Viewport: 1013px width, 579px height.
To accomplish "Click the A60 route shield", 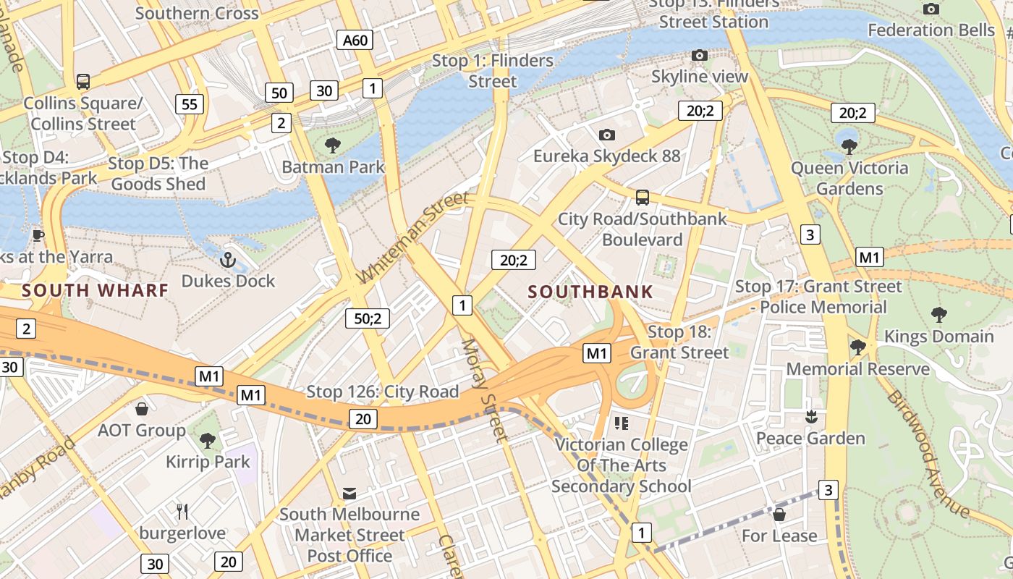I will point(355,40).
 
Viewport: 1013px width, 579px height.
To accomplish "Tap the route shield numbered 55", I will point(190,104).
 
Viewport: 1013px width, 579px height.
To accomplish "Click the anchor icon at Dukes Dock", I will point(229,258).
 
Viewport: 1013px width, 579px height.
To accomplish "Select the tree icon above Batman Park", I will point(333,145).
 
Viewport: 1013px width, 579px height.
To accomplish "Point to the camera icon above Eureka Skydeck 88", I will point(607,135).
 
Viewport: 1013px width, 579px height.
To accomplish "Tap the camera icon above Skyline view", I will point(699,55).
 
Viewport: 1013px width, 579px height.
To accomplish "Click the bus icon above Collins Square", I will point(83,81).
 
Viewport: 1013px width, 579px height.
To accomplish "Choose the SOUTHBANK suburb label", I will point(590,292).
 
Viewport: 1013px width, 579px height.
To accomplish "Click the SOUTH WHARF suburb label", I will point(95,291).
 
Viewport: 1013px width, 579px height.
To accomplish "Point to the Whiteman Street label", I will point(413,237).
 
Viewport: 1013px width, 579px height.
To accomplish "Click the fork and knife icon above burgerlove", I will point(182,512).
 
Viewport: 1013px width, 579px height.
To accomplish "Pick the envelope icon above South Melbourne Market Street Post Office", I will point(349,494).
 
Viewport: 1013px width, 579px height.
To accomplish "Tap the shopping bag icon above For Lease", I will point(779,515).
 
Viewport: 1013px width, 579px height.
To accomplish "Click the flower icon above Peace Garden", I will point(810,417).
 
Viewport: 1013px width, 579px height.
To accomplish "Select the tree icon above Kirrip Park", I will point(208,440).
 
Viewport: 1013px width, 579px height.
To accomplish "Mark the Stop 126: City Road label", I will point(383,392).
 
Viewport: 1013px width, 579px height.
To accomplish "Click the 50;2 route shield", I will point(368,318).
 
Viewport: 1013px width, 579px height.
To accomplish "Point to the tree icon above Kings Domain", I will point(939,314).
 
